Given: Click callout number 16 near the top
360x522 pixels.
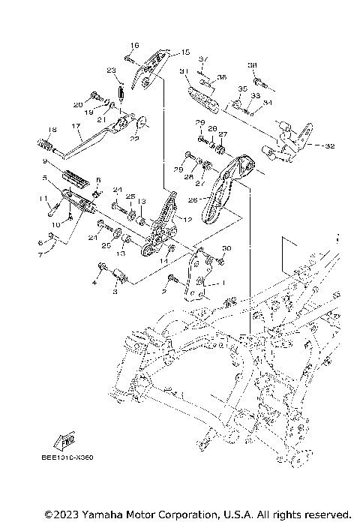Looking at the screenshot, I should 136,45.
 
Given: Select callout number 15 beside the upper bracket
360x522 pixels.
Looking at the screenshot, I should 186,52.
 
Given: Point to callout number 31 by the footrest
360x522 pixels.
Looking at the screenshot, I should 182,70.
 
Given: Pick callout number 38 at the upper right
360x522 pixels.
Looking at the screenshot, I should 253,66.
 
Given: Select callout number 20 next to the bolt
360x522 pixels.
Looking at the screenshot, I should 77,105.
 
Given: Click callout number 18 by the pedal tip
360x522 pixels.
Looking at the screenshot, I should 52,129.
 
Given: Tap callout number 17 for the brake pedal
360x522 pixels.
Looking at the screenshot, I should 76,126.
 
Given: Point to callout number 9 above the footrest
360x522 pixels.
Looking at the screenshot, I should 45,160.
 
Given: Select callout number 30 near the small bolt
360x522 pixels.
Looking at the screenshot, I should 227,248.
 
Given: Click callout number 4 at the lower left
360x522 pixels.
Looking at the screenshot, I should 94,283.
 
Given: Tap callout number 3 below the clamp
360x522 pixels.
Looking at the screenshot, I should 115,292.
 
